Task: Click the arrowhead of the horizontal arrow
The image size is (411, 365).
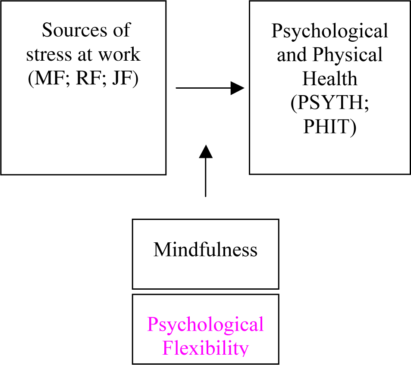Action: coord(237,88)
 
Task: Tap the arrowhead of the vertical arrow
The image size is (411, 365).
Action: coord(206,152)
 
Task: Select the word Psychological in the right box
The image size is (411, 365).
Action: coord(329,31)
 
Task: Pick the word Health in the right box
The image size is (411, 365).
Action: coord(329,79)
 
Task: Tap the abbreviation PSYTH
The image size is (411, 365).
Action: coord(329,104)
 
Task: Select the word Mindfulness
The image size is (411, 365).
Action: coord(205,250)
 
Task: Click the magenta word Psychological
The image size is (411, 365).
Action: coord(205,325)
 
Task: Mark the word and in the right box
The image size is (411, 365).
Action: coord(292,55)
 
